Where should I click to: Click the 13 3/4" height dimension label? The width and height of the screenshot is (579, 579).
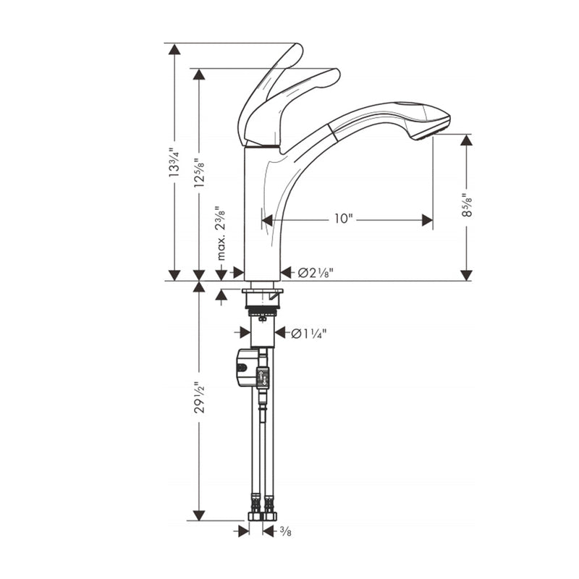[x=174, y=163]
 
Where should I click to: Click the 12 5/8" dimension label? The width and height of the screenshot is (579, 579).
[x=199, y=172]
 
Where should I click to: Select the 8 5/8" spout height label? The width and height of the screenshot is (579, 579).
[x=467, y=205]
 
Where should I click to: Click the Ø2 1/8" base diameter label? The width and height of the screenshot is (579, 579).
[x=316, y=273]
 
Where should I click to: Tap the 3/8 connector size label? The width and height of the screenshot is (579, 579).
[x=287, y=531]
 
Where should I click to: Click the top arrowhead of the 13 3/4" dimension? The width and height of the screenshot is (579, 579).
[x=174, y=49]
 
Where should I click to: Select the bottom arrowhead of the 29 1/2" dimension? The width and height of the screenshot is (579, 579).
[x=199, y=515]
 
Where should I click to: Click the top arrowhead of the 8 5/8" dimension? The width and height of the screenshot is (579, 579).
[x=467, y=140]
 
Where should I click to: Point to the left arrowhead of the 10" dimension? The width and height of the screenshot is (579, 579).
[x=267, y=219]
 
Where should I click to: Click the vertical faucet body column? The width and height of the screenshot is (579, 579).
[x=261, y=217]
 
